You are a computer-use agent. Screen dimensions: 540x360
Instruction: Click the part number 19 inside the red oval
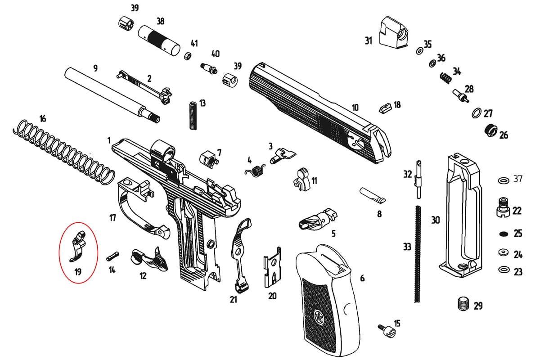pos(78,272)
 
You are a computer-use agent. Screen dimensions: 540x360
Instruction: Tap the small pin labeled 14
pos(112,256)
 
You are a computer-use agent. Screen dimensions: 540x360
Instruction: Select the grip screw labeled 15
pos(387,330)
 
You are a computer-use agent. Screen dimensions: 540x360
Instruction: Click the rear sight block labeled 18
pos(385,109)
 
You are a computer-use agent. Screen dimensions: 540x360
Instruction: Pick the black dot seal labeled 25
pos(504,234)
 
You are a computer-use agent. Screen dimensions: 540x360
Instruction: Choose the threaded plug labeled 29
pos(463,304)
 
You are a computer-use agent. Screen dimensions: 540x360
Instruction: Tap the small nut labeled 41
pos(188,56)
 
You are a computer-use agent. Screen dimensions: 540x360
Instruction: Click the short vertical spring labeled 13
pos(193,116)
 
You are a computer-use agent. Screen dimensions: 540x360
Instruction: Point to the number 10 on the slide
pos(355,108)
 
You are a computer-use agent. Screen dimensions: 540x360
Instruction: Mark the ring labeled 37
pos(504,180)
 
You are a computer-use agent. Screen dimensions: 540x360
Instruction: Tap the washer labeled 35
pos(419,51)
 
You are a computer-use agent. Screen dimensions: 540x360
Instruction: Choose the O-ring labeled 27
pos(477,113)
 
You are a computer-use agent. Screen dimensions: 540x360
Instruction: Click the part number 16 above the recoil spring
pos(43,119)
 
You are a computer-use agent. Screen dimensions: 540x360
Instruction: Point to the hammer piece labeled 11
pos(301,180)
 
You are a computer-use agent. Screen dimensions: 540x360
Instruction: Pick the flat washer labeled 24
pos(504,252)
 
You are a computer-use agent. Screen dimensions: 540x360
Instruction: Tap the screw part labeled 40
pos(209,68)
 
